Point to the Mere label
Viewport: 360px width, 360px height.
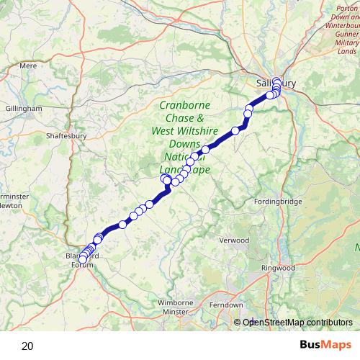(29, 65)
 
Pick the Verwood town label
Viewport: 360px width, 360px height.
(233, 240)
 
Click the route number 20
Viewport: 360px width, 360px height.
(27, 346)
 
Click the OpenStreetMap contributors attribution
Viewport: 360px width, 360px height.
(297, 322)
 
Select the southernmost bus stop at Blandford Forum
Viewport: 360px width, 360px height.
(83, 259)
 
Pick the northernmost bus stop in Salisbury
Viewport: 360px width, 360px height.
(276, 81)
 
